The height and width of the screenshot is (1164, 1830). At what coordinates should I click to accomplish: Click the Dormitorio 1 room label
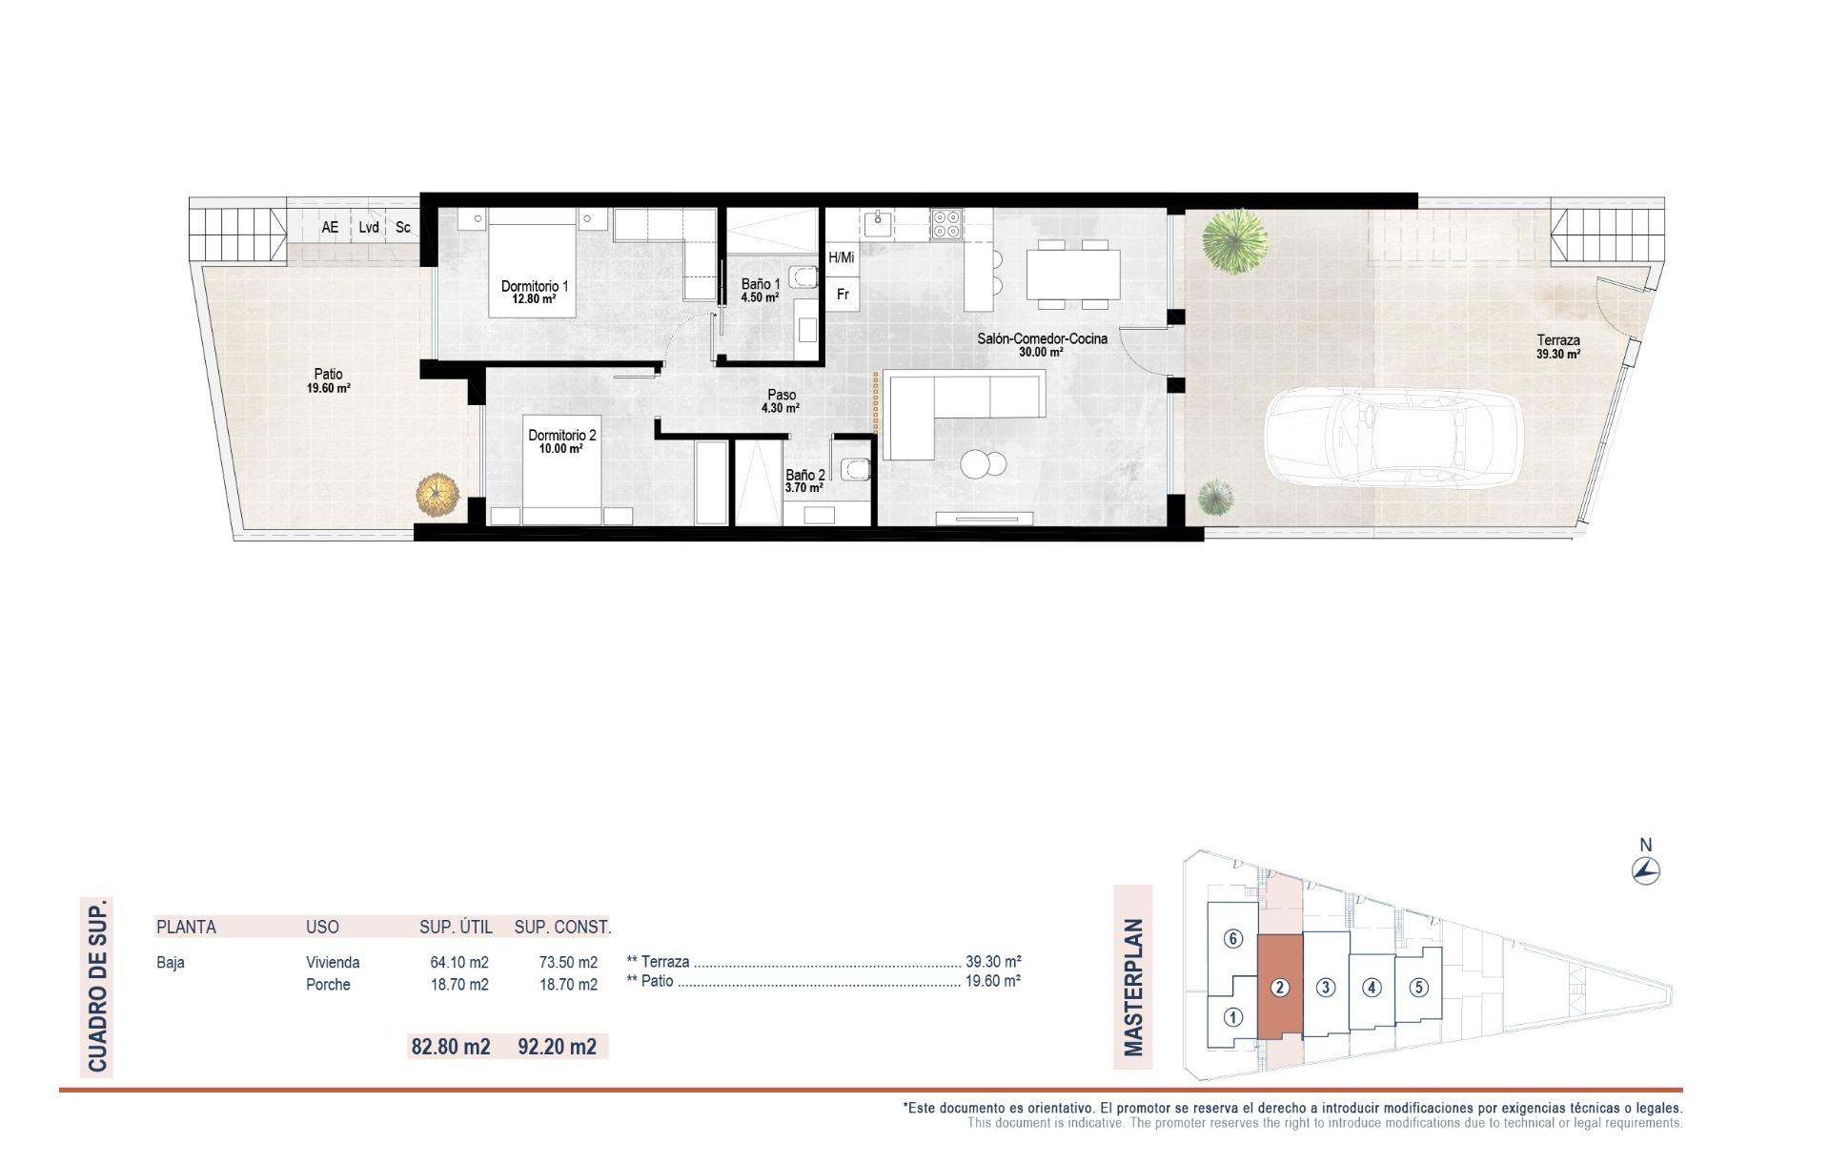[x=535, y=292]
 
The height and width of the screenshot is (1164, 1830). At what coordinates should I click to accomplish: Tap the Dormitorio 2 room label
[x=562, y=441]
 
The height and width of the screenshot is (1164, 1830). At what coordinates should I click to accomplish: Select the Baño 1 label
[x=761, y=290]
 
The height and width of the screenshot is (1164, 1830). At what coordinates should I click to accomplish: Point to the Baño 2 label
[x=804, y=480]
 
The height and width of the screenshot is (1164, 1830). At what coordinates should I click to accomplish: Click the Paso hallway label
[x=781, y=401]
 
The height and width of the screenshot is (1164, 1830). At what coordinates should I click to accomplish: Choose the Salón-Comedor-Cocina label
[x=1042, y=344]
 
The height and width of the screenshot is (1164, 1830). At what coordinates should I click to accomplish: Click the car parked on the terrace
[x=1393, y=439]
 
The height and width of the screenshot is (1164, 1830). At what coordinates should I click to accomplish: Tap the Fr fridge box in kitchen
[x=843, y=295]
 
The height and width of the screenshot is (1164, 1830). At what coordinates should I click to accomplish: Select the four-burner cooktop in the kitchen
[x=946, y=223]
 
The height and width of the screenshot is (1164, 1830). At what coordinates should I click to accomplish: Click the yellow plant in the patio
[x=437, y=495]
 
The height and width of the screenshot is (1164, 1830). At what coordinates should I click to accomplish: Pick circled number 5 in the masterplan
[x=1418, y=987]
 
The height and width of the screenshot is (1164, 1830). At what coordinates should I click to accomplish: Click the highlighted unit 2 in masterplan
[x=1280, y=988]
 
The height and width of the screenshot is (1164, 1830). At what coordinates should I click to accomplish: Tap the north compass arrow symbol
[x=1646, y=869]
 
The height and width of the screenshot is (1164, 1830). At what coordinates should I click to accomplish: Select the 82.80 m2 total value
[x=450, y=1047]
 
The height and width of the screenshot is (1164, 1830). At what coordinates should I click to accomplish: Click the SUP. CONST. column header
[x=562, y=927]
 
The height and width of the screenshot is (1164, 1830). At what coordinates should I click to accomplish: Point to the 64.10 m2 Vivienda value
[x=459, y=962]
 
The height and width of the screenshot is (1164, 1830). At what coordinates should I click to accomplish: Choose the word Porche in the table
[x=328, y=985]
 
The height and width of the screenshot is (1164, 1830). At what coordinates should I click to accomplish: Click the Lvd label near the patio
[x=369, y=228]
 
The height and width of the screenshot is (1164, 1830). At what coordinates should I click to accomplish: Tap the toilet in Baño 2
[x=854, y=469]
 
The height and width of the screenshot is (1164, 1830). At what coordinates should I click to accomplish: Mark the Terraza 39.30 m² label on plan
[x=1558, y=346]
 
